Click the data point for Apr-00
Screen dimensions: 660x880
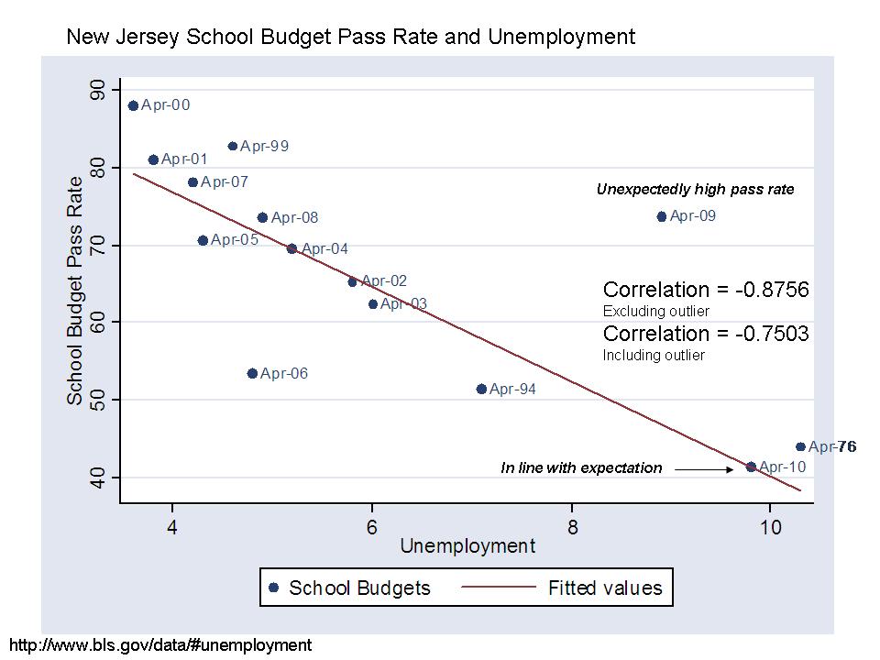tap(133, 105)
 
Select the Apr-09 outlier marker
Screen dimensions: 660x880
tap(662, 216)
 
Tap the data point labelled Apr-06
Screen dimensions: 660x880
tap(252, 373)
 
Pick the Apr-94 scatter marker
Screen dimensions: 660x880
tap(481, 389)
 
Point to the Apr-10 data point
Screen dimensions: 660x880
tap(751, 467)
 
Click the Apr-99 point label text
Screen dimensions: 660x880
tap(265, 146)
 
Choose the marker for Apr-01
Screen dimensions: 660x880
tap(153, 159)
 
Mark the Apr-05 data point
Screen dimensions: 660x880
tap(203, 240)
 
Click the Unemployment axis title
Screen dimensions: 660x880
tap(467, 546)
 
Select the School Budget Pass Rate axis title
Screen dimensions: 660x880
tap(75, 291)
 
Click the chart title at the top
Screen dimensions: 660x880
tap(350, 38)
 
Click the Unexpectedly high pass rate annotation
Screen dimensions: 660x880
tap(695, 190)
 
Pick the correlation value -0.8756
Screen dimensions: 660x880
tap(772, 291)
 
